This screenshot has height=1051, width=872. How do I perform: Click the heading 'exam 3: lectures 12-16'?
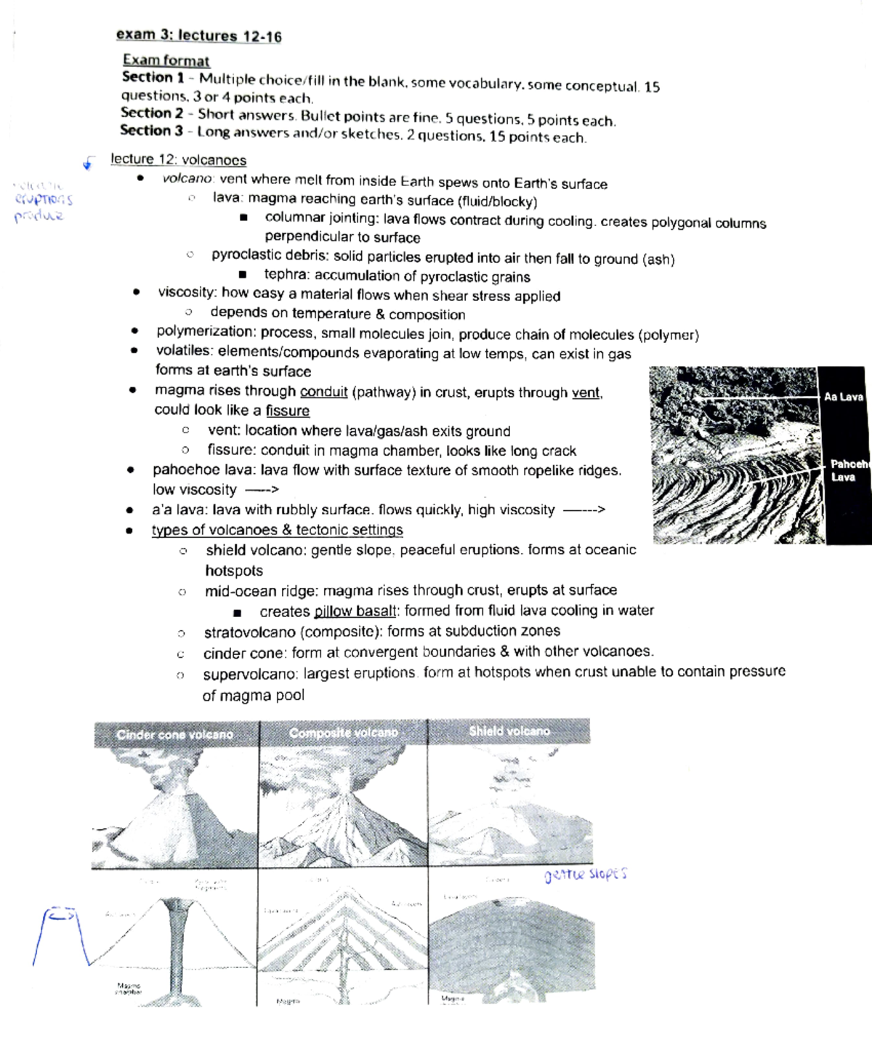tap(198, 36)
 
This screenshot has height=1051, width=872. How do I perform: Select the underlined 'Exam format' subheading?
tap(166, 61)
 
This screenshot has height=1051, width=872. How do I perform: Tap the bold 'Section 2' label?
tap(152, 113)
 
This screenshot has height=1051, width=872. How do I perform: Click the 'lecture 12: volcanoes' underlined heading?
tap(178, 160)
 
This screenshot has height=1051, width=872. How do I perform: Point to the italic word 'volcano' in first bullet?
tap(187, 180)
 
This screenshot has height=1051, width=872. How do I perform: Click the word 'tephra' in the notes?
tap(286, 275)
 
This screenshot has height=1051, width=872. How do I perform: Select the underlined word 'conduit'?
tap(323, 392)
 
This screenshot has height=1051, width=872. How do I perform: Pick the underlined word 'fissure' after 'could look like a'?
tap(287, 411)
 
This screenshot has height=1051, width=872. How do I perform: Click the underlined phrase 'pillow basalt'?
tap(355, 611)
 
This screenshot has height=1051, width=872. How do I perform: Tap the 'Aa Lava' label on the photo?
tap(843, 397)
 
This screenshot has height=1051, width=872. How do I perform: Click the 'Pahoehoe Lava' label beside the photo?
tap(849, 470)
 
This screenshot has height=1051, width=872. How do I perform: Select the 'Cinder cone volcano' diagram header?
tap(174, 735)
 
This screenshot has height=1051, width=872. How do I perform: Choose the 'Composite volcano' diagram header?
tap(343, 733)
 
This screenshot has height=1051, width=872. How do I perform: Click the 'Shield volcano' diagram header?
tap(509, 731)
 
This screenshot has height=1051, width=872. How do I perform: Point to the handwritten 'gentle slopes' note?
tap(585, 875)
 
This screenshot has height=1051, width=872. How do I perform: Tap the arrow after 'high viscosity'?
tap(584, 510)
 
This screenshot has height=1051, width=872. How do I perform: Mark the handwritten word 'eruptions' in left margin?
tap(44, 199)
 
